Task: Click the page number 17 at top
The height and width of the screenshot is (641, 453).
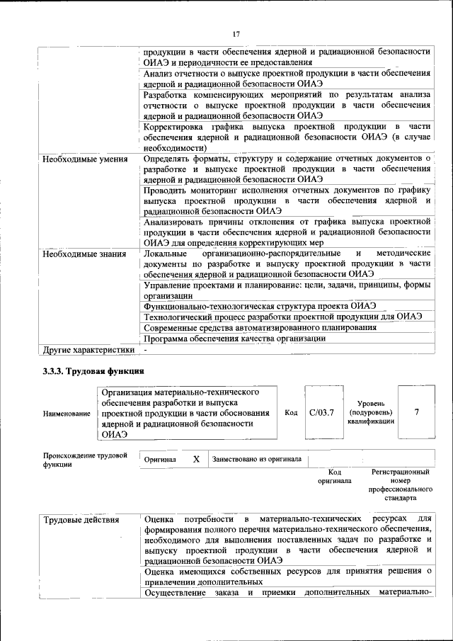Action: (236, 34)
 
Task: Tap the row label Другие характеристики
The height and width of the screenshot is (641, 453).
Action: (88, 349)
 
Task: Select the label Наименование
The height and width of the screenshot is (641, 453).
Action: (66, 414)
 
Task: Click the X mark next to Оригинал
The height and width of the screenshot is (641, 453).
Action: (196, 459)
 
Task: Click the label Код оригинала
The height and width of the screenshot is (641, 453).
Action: (335, 476)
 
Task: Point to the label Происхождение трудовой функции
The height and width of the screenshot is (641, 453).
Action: (84, 460)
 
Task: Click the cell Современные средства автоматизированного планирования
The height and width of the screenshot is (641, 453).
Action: (259, 327)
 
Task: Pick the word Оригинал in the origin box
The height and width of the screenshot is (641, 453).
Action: (160, 460)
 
